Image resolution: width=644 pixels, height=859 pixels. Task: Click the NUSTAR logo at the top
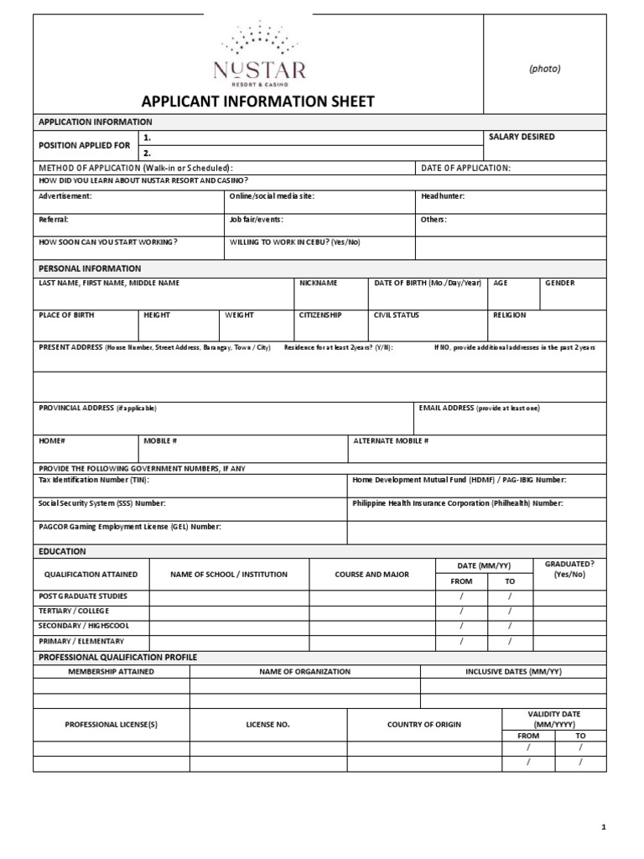tap(259, 55)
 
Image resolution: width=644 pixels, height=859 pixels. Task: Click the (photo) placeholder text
tap(544, 69)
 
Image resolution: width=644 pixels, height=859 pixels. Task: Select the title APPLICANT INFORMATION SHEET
tap(258, 102)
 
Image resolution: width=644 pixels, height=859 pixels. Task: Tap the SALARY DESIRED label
tap(521, 137)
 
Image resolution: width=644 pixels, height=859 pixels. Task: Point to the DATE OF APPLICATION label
tap(465, 168)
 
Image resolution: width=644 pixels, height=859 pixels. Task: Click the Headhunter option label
tap(442, 195)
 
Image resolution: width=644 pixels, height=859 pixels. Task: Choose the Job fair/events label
tap(256, 219)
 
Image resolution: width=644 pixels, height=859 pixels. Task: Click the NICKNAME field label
tap(319, 283)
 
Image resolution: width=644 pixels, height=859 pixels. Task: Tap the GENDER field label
tap(560, 283)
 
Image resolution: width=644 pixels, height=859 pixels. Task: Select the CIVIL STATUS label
tap(397, 315)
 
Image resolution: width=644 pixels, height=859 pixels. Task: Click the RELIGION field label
tap(510, 315)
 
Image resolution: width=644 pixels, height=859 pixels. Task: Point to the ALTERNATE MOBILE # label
tap(391, 440)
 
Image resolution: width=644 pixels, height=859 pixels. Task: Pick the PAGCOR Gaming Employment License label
tap(130, 527)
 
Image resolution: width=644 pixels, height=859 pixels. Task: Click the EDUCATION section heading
tap(62, 551)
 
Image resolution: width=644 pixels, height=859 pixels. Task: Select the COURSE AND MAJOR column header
tap(371, 575)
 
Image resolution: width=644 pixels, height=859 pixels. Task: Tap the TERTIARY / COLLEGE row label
tap(74, 611)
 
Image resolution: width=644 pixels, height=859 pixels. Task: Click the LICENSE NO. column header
tap(267, 724)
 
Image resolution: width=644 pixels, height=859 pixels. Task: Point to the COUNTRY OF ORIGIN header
tap(423, 724)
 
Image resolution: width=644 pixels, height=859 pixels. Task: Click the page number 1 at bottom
tap(603, 828)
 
